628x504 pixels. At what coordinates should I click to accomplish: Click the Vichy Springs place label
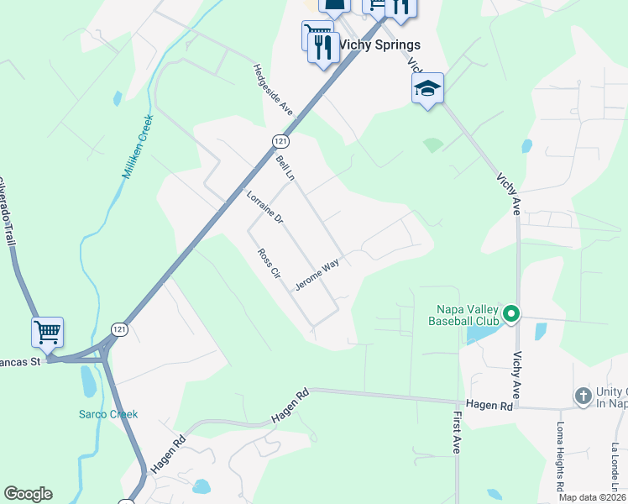[379, 45]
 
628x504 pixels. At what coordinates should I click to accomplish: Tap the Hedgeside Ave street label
[273, 90]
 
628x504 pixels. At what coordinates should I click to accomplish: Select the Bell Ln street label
[285, 168]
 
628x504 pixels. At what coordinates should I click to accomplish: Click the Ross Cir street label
[268, 264]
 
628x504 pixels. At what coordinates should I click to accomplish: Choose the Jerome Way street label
[317, 275]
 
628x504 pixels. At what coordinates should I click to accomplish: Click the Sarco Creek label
[108, 414]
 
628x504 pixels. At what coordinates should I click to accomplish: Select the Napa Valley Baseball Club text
[463, 315]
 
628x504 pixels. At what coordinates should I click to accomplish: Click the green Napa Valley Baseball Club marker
[511, 316]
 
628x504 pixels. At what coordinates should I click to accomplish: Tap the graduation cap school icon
[427, 88]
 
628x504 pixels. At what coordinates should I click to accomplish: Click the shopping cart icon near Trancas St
[48, 332]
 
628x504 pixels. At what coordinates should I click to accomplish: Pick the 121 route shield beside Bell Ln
[280, 140]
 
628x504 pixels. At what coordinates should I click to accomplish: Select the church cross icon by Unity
[584, 395]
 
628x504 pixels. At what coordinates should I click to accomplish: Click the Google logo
[28, 494]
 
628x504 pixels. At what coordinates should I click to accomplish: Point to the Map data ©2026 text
[593, 497]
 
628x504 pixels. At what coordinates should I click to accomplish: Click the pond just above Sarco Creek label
[88, 382]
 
